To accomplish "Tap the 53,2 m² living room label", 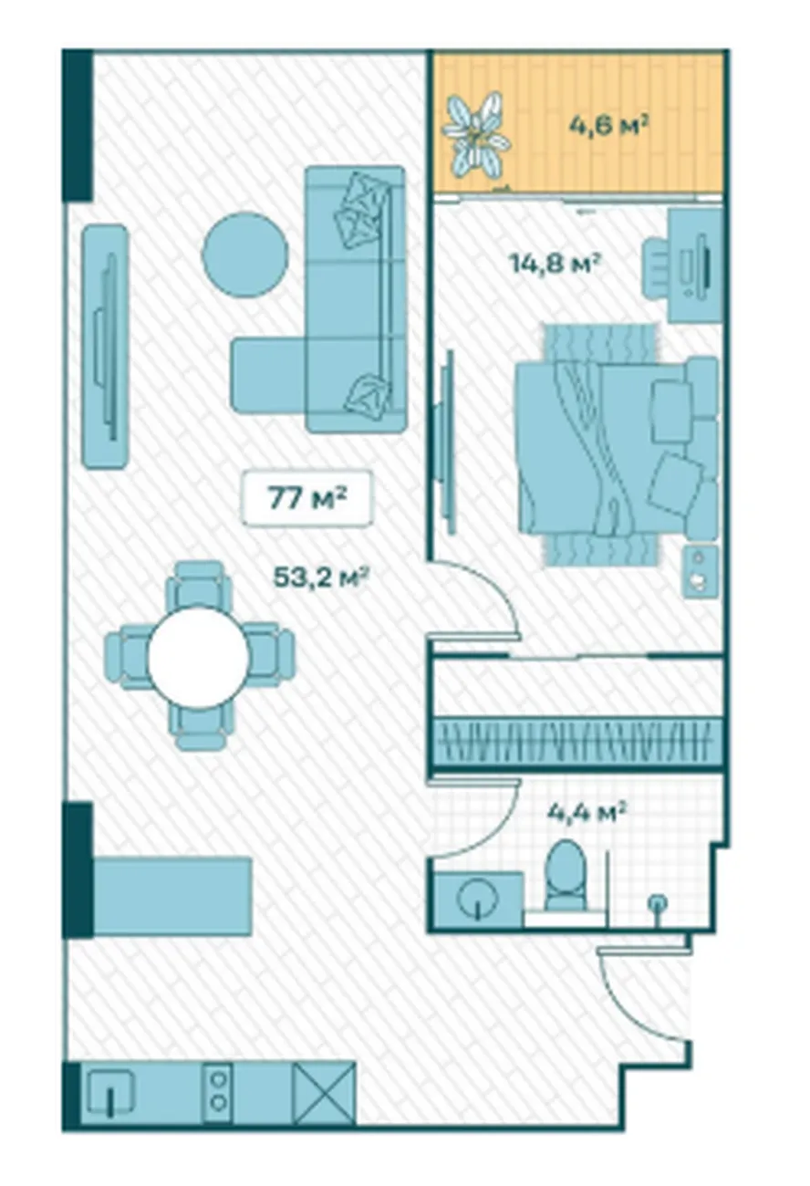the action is tap(321, 577).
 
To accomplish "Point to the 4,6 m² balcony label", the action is tap(609, 127).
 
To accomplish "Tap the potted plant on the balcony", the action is tap(475, 134).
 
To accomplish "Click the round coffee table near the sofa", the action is tap(245, 255).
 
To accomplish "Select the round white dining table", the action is tap(199, 657).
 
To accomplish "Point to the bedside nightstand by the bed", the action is tap(700, 572).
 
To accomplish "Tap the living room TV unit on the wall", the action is tap(106, 347).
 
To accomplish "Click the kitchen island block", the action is tap(172, 895).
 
